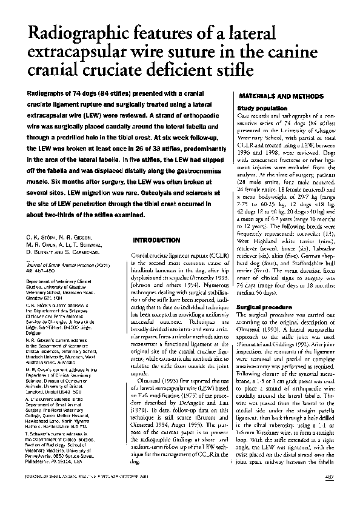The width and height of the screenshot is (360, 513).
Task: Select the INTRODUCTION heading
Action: (156, 240)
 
